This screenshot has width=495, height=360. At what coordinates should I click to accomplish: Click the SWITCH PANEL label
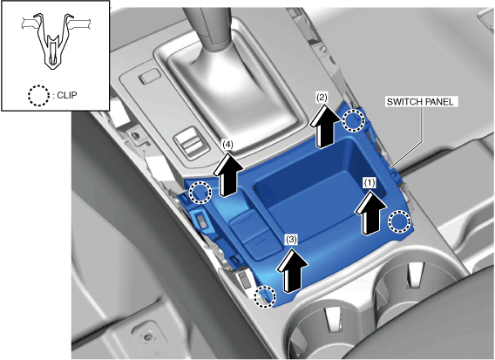click(x=420, y=102)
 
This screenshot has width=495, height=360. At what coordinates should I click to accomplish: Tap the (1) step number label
click(x=370, y=182)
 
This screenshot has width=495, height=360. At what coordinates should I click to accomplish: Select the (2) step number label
click(x=322, y=98)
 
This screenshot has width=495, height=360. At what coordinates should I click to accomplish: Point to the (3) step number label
click(x=291, y=240)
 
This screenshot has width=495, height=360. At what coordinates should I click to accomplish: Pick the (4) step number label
click(x=228, y=145)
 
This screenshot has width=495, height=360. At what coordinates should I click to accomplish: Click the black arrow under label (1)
click(x=370, y=214)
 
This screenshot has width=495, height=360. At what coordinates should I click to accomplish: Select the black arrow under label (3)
click(x=292, y=270)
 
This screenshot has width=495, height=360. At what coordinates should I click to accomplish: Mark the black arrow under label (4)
click(x=228, y=174)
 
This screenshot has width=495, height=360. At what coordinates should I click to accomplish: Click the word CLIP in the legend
click(x=67, y=95)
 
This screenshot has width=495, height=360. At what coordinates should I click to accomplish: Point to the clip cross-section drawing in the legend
click(x=57, y=40)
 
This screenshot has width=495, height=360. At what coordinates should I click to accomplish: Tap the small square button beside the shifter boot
click(x=150, y=77)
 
